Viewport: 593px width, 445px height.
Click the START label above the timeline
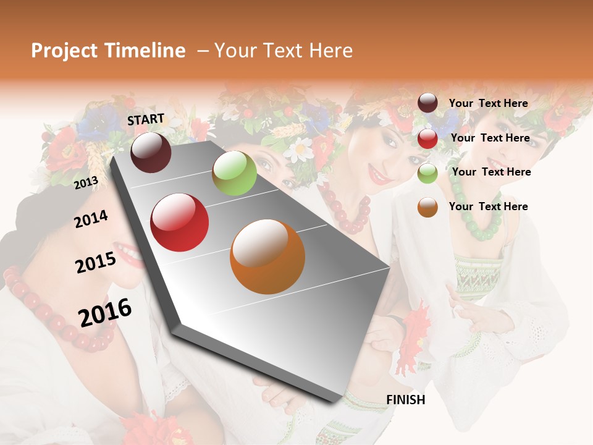146,119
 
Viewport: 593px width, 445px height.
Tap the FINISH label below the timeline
406,400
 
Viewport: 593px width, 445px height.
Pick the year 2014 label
91,219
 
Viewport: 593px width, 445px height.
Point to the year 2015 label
96,263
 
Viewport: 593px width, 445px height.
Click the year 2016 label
105,312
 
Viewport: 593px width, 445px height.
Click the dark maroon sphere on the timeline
151,152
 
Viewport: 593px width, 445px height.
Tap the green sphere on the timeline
234,173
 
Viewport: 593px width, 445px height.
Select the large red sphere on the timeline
180,222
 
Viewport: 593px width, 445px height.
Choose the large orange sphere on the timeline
267,256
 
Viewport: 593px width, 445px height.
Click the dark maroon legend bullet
427,103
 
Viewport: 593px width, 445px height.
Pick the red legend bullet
427,138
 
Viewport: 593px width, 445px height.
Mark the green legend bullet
427,173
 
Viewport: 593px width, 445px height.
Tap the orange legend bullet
427,207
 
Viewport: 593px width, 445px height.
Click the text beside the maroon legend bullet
488,103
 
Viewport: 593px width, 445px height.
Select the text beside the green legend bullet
491,172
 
